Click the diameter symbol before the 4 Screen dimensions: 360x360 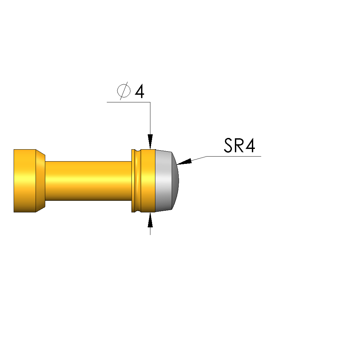coord(124,91)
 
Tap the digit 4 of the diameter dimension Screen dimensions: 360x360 coord(140,91)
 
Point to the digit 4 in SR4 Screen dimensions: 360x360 coord(250,145)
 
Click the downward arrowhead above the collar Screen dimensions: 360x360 coord(150,142)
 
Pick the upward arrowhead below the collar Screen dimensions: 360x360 coord(150,220)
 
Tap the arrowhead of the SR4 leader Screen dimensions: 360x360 coord(184,161)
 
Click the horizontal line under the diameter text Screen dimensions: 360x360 coord(128,102)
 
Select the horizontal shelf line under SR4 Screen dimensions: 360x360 coord(234,156)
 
